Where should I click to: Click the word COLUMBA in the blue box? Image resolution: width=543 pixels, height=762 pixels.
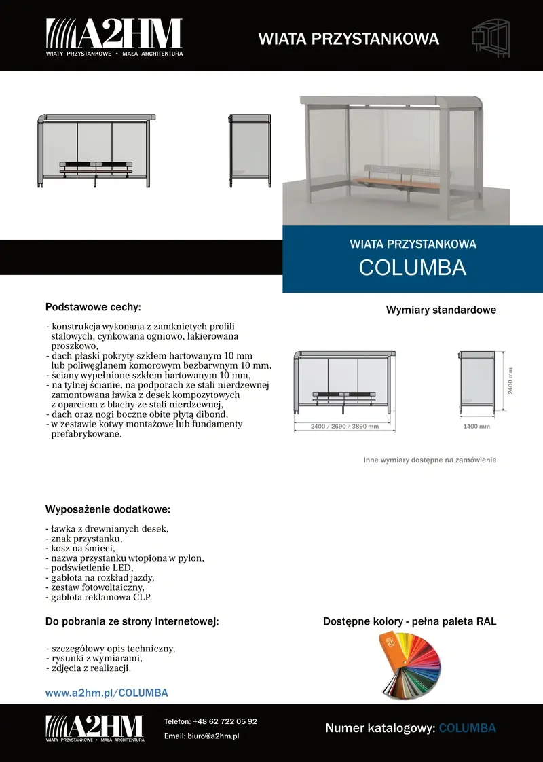412,268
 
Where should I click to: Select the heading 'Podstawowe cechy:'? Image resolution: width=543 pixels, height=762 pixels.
93,307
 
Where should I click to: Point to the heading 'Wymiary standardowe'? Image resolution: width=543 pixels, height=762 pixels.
441,310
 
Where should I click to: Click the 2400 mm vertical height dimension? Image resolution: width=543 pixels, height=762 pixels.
510,381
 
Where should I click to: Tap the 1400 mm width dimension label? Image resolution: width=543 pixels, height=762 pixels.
476,427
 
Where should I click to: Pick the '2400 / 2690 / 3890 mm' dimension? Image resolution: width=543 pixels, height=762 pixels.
344,426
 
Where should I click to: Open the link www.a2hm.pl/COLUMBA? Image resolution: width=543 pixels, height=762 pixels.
107,693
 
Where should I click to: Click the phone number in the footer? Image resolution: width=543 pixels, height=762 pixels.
210,721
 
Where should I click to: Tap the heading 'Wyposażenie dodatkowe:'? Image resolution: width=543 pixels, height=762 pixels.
107,509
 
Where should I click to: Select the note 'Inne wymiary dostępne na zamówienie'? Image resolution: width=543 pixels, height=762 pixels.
430,460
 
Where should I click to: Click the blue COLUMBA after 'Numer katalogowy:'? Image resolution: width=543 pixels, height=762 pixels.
468,728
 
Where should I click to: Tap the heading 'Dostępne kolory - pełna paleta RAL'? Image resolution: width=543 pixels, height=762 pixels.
409,621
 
